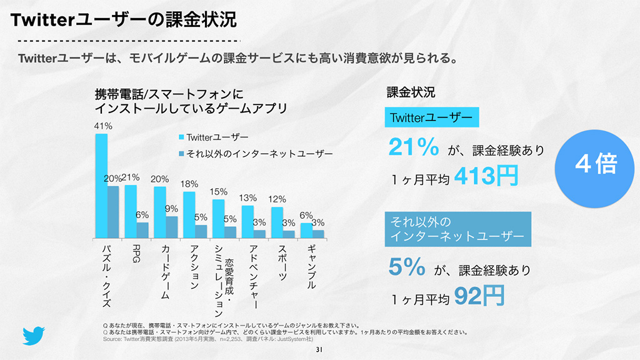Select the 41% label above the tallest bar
[x=103, y=126]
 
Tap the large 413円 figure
[x=486, y=176]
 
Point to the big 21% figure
[x=413, y=148]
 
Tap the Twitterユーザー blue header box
[x=431, y=117]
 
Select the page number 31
[x=319, y=349]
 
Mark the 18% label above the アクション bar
[x=189, y=184]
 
